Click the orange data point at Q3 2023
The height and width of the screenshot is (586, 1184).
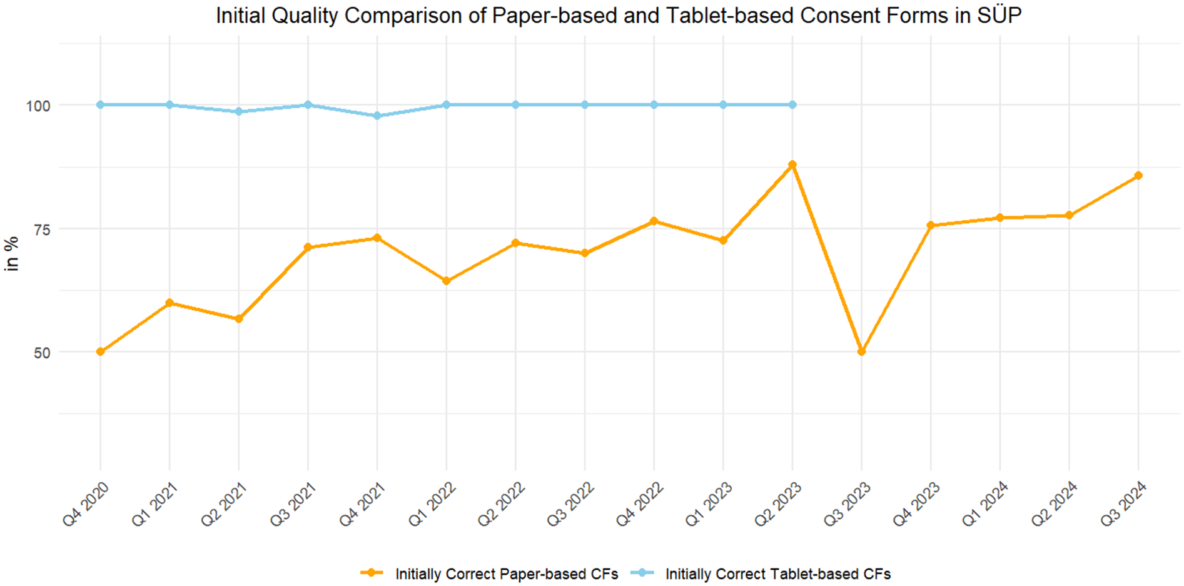point(861,351)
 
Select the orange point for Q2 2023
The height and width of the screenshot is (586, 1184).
point(792,164)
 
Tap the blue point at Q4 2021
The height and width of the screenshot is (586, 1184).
point(377,116)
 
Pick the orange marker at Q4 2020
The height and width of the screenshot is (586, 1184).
point(100,351)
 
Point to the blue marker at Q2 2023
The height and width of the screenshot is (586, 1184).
point(792,104)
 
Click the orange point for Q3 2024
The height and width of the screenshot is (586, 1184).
point(1138,176)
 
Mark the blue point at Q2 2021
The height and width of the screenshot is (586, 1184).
point(238,111)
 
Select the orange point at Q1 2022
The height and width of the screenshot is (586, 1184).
point(446,281)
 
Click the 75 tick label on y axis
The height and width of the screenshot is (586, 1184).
point(42,230)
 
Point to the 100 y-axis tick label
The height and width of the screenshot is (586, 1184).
point(38,106)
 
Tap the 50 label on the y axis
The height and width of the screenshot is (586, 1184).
point(42,353)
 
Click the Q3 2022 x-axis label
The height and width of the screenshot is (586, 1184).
point(570,504)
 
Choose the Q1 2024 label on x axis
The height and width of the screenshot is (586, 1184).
point(985,504)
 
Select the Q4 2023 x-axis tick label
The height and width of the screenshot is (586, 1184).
point(916,504)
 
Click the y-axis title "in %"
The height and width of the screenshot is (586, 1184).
point(11,253)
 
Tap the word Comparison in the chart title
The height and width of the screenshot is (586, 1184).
point(405,15)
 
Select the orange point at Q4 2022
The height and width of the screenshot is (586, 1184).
point(654,221)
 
